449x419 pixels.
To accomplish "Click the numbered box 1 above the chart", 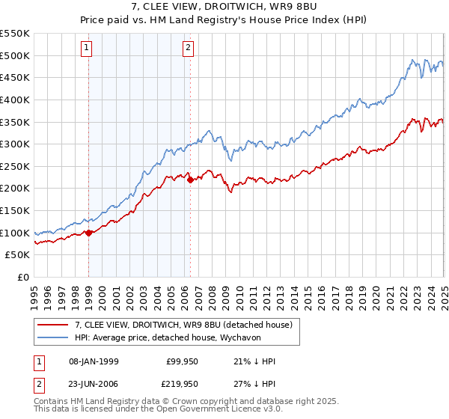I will [x=87, y=49].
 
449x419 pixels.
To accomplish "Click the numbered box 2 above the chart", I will [x=187, y=49].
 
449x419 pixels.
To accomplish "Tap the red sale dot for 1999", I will [x=89, y=233].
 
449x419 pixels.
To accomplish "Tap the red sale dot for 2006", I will [x=191, y=180].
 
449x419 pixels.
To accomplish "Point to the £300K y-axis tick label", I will [x=16, y=144].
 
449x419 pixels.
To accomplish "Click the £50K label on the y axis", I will [x=19, y=255].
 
